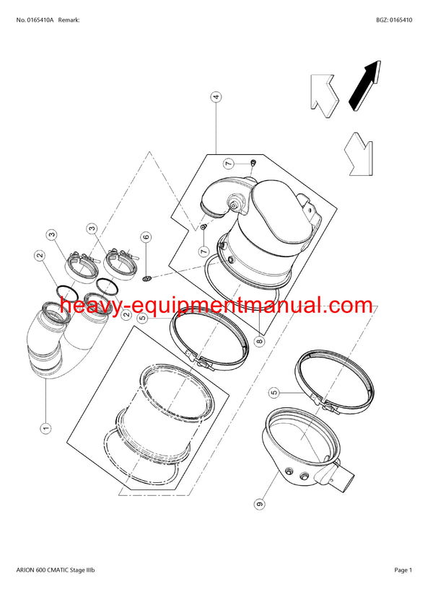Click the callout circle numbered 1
click(x=45, y=427)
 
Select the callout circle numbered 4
click(x=216, y=97)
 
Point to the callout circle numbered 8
click(x=259, y=342)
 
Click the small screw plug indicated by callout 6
click(x=146, y=278)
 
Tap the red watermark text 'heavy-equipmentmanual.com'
click(x=216, y=306)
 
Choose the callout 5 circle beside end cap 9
click(x=274, y=393)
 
